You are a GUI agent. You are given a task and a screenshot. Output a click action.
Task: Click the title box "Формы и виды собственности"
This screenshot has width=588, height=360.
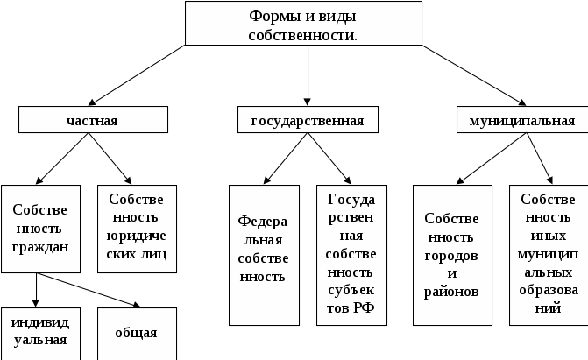[303, 24]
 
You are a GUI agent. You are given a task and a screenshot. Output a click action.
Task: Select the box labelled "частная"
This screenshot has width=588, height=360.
[94, 120]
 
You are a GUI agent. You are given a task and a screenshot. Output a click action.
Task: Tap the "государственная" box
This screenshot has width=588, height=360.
[308, 120]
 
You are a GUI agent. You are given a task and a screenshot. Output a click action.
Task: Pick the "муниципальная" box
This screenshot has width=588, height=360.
[522, 120]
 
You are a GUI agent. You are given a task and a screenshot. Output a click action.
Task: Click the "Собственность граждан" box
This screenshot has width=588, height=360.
[40, 229]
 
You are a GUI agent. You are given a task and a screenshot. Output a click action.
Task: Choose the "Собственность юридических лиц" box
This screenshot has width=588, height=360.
[137, 229]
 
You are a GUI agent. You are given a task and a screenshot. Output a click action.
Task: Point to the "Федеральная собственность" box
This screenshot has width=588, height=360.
[264, 255]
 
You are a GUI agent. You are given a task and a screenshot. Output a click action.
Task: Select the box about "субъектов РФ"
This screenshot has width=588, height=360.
[351, 255]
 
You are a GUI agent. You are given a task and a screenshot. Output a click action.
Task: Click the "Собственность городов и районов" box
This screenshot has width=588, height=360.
[452, 255]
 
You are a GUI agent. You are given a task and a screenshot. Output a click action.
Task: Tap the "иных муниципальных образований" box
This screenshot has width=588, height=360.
[549, 255]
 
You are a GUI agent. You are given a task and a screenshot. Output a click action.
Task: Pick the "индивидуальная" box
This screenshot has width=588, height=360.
[40, 334]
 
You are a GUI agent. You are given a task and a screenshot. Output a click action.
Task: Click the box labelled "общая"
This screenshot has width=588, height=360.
[137, 334]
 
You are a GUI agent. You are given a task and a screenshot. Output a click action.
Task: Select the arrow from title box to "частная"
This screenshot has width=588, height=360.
[137, 75]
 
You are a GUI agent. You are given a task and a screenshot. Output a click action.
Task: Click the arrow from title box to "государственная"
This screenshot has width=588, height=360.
[308, 75]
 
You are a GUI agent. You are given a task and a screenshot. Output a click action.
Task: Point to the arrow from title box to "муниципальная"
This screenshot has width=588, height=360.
[474, 75]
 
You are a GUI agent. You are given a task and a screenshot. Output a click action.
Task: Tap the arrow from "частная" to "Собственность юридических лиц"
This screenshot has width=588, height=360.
[110, 159]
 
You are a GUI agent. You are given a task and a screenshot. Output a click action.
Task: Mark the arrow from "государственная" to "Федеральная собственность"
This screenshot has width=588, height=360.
[286, 159]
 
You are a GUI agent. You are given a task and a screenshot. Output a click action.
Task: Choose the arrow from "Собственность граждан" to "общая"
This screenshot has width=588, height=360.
[89, 290]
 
